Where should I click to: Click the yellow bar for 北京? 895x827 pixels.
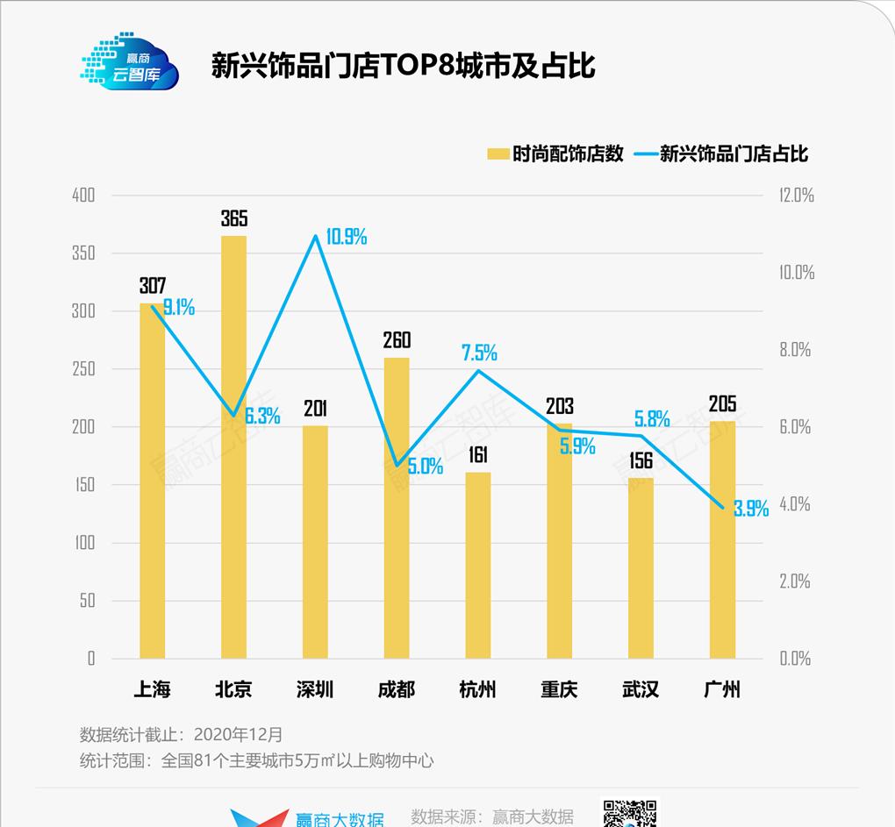pos(233,447)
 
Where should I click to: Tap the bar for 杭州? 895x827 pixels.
pos(478,566)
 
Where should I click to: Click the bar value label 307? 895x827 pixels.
pos(152,286)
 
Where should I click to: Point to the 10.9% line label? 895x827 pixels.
pos(346,237)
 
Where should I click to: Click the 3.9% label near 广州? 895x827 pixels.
pos(751,509)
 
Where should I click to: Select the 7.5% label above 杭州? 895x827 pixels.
pos(479,353)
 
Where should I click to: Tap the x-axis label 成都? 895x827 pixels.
pos(397,689)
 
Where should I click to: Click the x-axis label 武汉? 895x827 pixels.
pos(641,689)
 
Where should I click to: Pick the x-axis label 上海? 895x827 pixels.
pos(152,689)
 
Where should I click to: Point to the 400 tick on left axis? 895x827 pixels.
pos(83,196)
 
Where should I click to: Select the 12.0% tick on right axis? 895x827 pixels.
pos(797,196)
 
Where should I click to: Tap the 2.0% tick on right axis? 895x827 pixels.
pos(795,581)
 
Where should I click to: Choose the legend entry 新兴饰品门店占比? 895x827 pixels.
pos(733,154)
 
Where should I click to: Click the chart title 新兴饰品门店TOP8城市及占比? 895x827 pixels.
pos(403,66)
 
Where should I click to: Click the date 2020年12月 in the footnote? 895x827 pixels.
pos(238,734)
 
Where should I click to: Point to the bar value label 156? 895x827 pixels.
pos(641,460)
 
